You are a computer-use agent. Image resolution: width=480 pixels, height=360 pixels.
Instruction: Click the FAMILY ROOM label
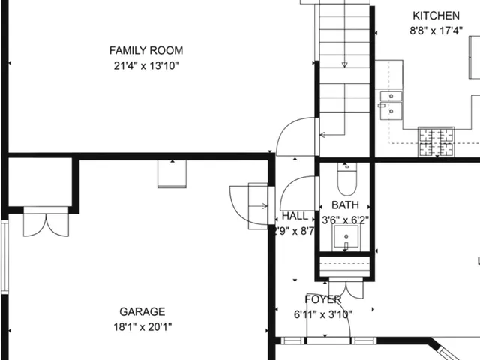coord(146,51)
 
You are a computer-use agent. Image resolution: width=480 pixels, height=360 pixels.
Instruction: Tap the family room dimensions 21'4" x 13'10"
coord(146,66)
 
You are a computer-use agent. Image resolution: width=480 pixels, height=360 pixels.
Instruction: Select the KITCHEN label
coord(436,16)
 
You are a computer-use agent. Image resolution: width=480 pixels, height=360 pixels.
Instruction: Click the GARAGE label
coord(142,312)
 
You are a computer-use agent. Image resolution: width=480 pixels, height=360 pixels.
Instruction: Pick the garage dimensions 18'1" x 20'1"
coord(142,327)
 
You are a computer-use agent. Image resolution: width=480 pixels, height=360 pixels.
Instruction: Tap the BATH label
coord(345,205)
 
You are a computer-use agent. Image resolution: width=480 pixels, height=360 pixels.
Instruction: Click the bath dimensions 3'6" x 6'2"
coord(345,220)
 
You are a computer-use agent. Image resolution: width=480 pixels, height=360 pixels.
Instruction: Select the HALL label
coord(295,216)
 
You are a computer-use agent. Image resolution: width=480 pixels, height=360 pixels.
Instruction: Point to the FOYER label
coord(323,299)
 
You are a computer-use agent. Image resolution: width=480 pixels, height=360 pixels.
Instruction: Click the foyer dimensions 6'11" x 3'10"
coord(323,314)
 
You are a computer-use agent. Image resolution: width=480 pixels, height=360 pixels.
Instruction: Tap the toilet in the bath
coord(346,180)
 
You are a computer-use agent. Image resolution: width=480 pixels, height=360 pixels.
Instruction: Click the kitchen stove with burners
coord(436,142)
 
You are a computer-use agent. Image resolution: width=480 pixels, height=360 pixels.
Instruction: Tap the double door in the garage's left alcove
coord(40,223)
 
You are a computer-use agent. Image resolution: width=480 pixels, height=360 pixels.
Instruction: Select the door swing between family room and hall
coord(294,139)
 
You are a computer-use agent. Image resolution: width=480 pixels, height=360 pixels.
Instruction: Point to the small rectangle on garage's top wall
coord(171,174)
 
